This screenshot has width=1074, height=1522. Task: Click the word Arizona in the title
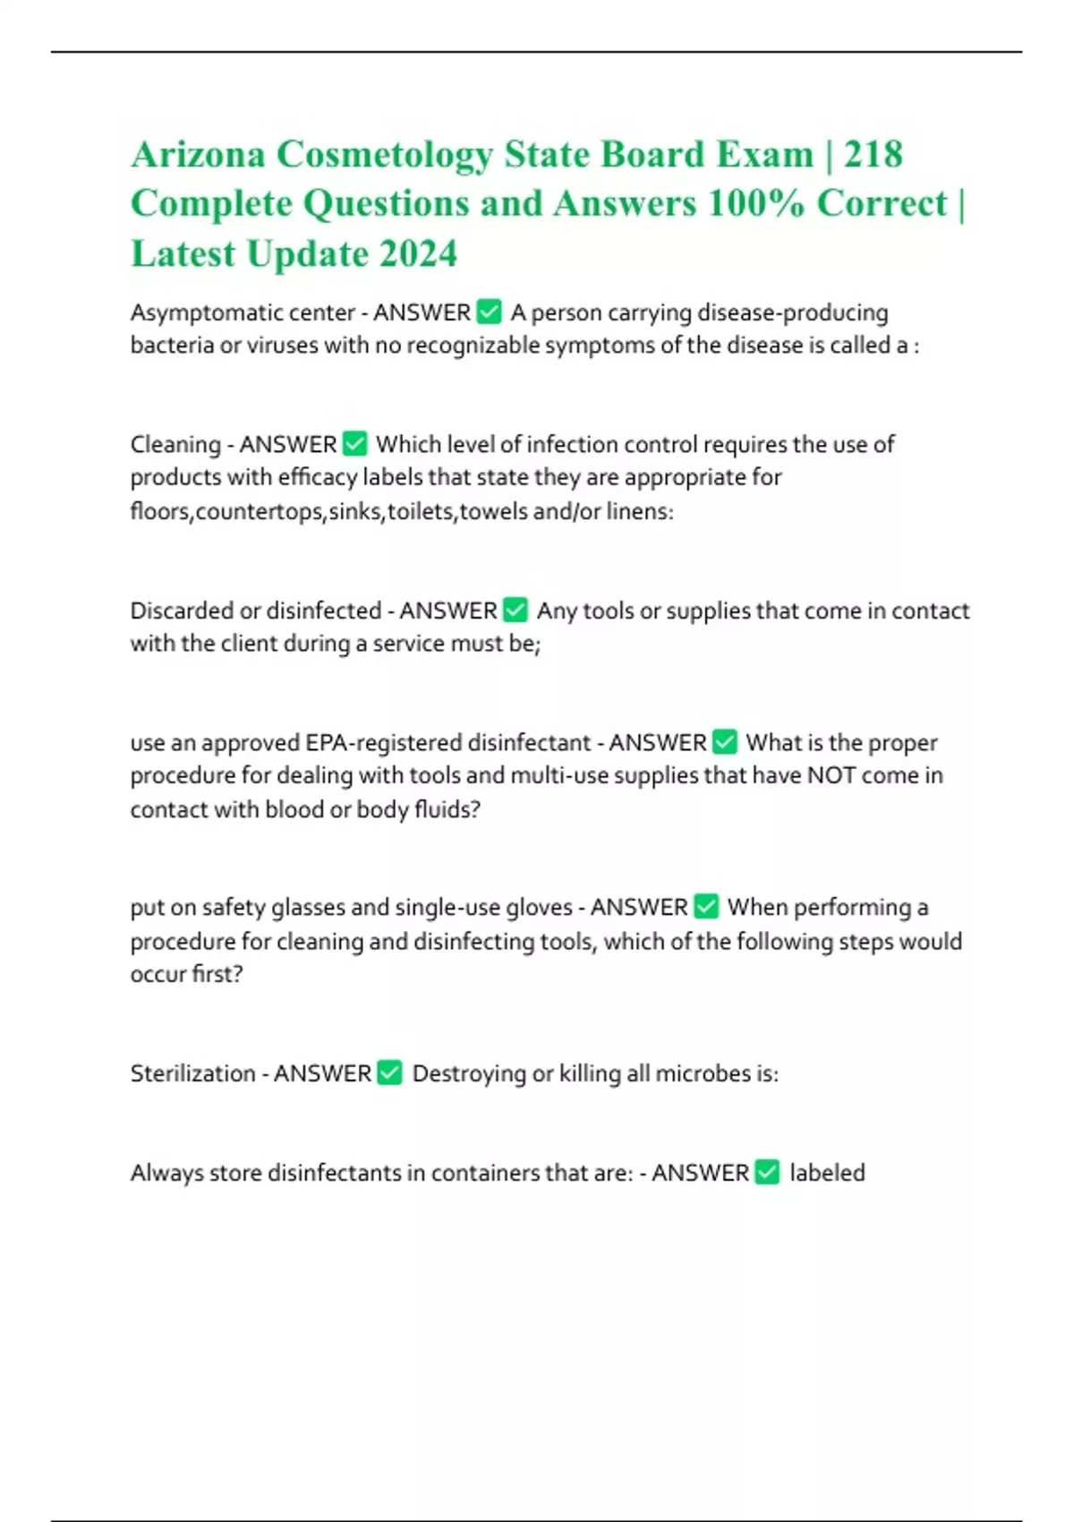[198, 155]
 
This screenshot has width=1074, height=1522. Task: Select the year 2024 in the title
[418, 253]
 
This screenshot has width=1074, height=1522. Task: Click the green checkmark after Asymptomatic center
[490, 312]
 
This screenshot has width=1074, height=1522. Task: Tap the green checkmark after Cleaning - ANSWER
[355, 443]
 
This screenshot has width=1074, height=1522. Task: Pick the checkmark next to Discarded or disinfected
[516, 610]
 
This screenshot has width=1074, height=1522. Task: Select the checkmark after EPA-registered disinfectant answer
[725, 742]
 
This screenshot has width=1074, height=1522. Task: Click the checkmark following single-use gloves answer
[706, 907]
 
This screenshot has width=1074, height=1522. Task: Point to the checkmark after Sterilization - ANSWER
[390, 1073]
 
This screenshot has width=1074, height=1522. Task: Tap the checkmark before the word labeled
[768, 1172]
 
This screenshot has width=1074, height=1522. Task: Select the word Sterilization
[192, 1073]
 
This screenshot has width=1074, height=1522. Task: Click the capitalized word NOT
[831, 775]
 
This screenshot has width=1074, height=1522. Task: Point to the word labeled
[827, 1173]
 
